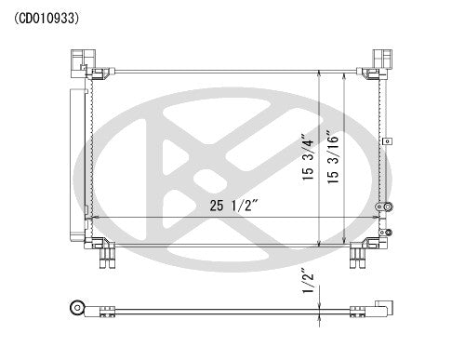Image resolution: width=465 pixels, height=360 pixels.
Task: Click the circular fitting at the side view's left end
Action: point(78,308)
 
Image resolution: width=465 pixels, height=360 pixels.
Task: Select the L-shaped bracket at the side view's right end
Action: point(381,309)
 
